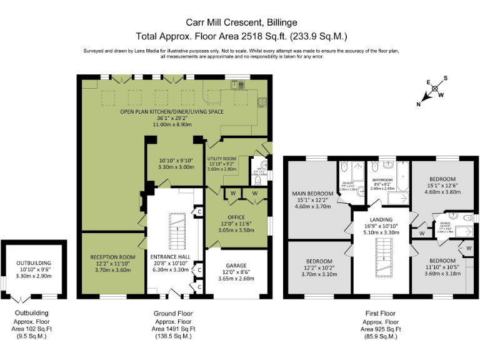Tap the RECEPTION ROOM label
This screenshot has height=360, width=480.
tap(112, 257)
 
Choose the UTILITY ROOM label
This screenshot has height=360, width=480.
tap(222, 159)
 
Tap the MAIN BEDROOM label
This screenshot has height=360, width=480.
tap(311, 194)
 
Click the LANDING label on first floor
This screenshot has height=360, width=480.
tap(381, 220)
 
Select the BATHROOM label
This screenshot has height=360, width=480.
tap(381, 179)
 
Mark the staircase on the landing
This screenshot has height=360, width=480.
tap(381, 259)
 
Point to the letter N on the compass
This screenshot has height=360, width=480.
tap(419, 105)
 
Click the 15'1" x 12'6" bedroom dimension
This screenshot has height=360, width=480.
tap(442, 185)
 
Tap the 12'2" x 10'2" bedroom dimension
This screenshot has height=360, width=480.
tap(319, 267)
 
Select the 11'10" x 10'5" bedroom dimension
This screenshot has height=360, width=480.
tap(442, 267)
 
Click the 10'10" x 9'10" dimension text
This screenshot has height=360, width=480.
tap(175, 161)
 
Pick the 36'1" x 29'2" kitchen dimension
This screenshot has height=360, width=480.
tap(172, 118)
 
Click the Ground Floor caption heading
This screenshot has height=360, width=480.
tap(173, 313)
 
